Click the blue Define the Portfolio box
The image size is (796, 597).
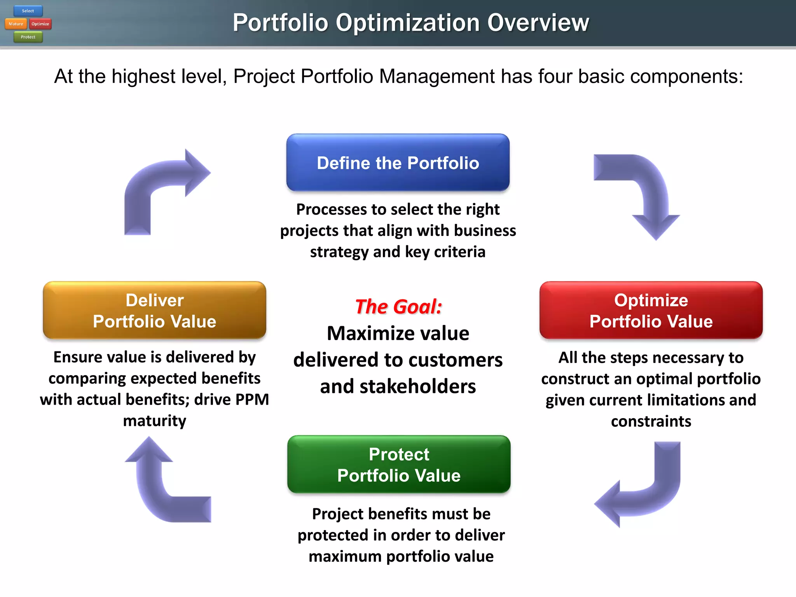tap(398, 162)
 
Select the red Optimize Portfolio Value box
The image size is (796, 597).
tap(651, 310)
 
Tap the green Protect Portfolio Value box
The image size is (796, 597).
tap(399, 464)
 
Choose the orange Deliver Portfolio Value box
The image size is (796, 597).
tap(154, 310)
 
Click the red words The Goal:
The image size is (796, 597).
tap(398, 307)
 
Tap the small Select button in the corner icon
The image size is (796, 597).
tap(28, 11)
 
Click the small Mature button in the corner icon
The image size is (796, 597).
tap(16, 24)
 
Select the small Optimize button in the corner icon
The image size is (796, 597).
tap(40, 24)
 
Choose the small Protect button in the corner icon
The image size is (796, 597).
tap(28, 37)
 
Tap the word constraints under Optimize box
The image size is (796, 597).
tap(651, 421)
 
